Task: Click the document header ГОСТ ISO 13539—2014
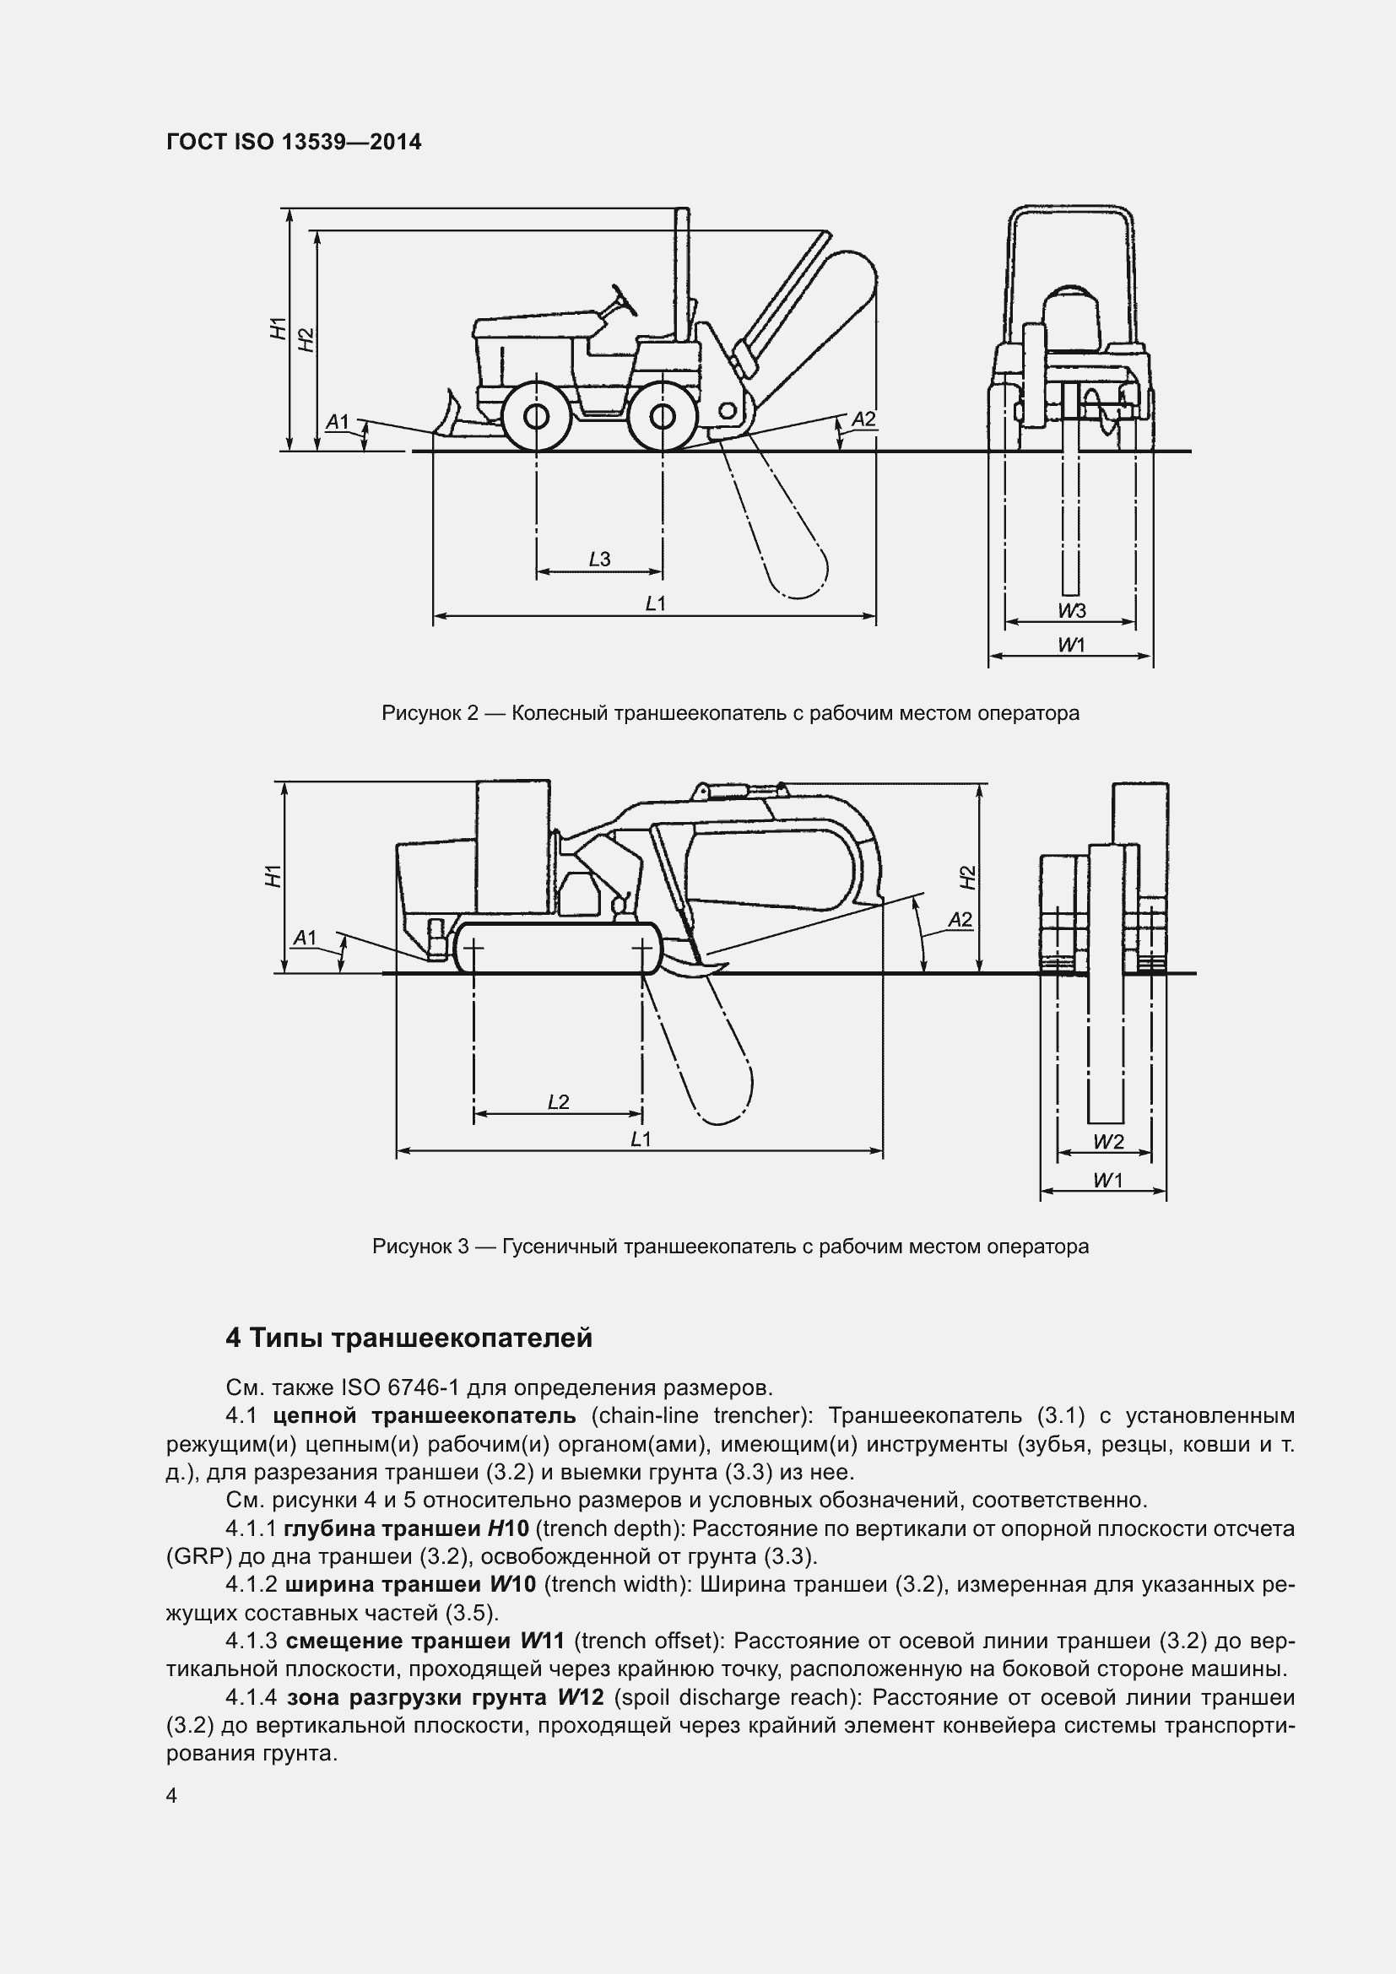pos(293,142)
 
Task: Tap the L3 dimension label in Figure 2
pos(599,560)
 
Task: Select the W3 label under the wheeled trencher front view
pos(1072,611)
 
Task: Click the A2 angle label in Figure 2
pos(863,419)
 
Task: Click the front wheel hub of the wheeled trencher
pos(536,417)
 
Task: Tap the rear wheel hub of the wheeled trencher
pos(662,417)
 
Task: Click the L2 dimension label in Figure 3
pos(558,1102)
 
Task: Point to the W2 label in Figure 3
pos(1109,1142)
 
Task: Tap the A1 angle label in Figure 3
pos(306,937)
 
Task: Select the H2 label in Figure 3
pos(968,877)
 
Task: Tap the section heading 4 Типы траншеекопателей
pos(409,1339)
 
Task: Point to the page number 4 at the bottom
pos(172,1796)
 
